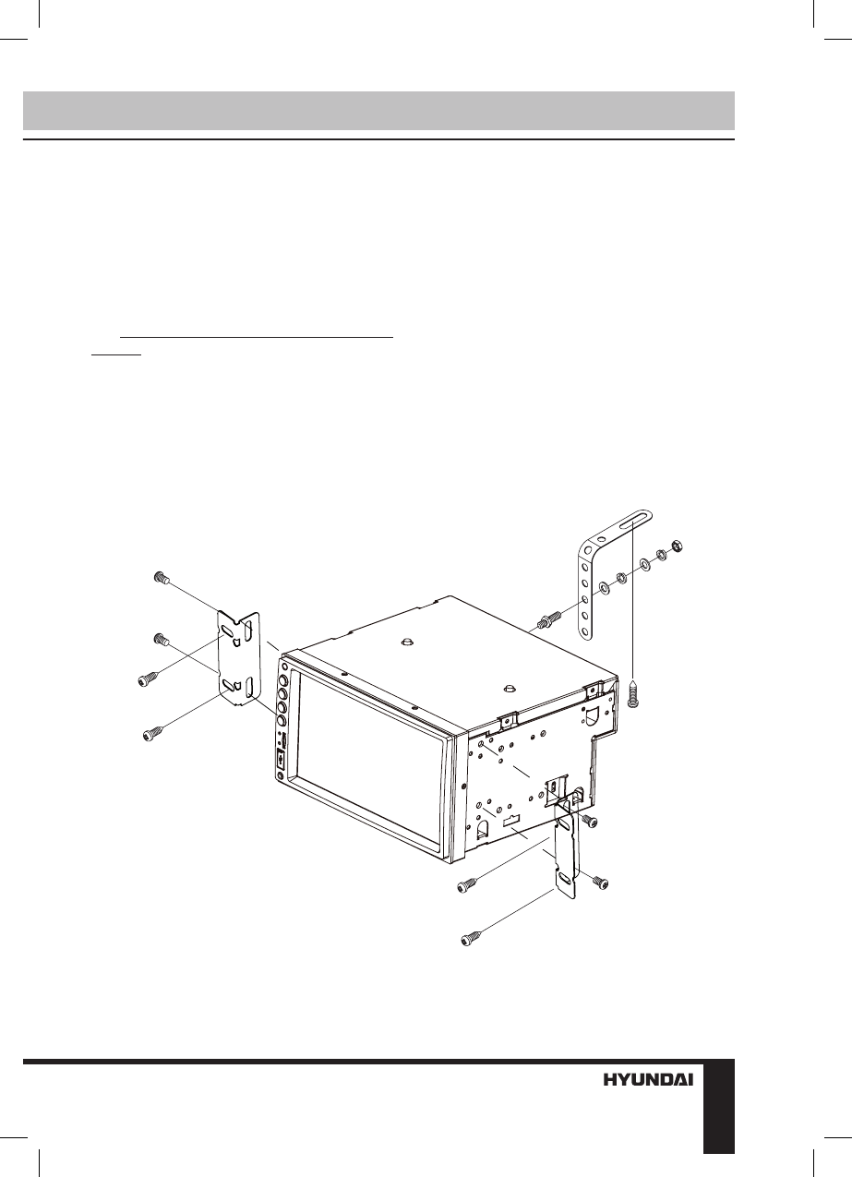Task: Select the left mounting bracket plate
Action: tap(237, 655)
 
